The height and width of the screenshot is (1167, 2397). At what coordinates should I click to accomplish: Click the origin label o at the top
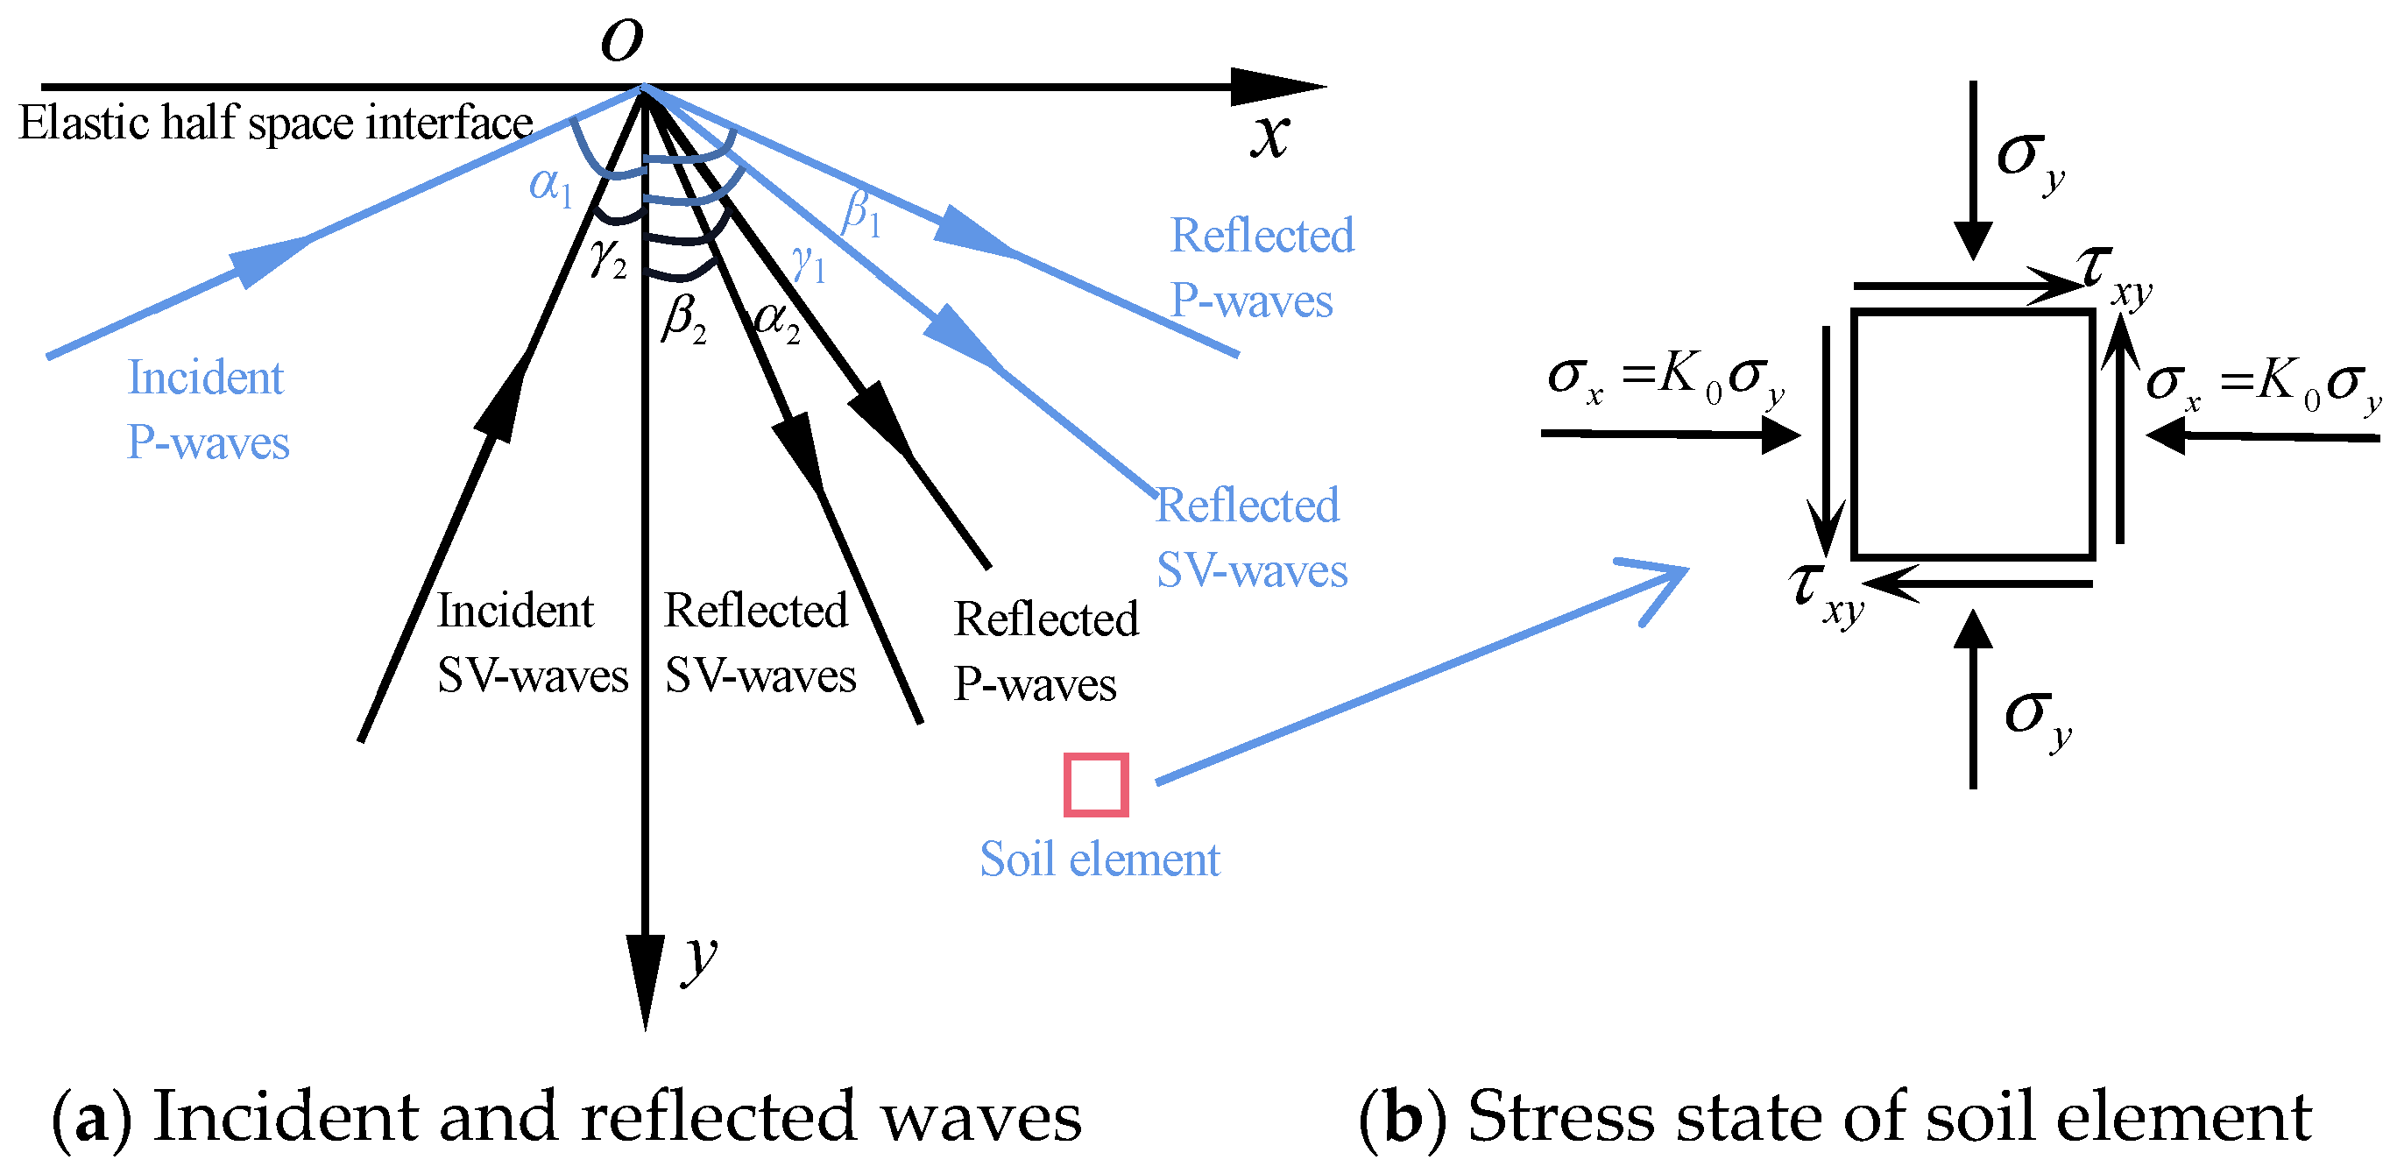pyautogui.click(x=621, y=40)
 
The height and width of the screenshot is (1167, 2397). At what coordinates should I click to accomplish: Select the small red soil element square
pyautogui.click(x=1096, y=784)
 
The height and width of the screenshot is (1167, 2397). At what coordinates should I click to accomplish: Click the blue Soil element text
pyautogui.click(x=1099, y=859)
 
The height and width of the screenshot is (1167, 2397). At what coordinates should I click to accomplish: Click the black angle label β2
pyautogui.click(x=684, y=319)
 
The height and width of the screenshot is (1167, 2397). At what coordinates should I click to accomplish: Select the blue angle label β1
pyautogui.click(x=860, y=213)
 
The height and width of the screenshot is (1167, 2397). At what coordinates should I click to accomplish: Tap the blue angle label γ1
pyautogui.click(x=808, y=264)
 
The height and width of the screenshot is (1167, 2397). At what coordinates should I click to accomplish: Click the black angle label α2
pyautogui.click(x=778, y=321)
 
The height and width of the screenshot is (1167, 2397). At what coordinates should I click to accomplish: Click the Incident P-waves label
pyautogui.click(x=208, y=409)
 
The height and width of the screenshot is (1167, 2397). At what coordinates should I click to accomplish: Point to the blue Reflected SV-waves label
pyautogui.click(x=1250, y=537)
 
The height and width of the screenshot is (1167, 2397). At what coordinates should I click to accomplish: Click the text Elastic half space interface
pyautogui.click(x=275, y=123)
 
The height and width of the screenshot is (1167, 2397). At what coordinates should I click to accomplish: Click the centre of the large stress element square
pyautogui.click(x=1973, y=435)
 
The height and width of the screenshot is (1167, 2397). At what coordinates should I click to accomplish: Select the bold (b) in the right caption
pyautogui.click(x=1402, y=1116)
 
